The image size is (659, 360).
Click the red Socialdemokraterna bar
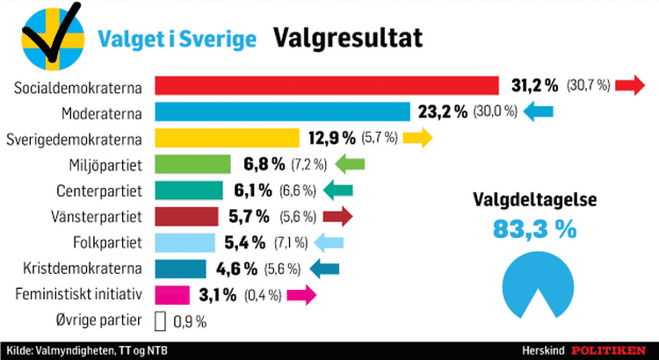[327, 86]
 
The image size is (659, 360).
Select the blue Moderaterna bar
[282, 112]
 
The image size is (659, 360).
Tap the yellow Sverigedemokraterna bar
[227, 138]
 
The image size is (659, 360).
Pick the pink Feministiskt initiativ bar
[172, 294]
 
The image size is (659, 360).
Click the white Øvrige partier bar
[160, 321]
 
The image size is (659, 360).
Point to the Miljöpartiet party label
[105, 165]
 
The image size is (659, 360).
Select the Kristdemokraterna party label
[83, 269]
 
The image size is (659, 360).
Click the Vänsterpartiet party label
[97, 217]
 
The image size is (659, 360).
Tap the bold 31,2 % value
[534, 86]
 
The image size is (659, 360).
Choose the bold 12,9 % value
[332, 138]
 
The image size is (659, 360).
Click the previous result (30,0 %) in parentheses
[495, 112]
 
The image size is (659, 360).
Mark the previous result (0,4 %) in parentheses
[263, 295]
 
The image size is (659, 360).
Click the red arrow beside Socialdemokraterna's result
[630, 85]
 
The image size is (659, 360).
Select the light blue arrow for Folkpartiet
[329, 243]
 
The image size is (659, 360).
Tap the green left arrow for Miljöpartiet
[350, 164]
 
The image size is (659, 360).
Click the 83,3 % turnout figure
[534, 229]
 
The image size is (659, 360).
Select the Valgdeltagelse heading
[534, 199]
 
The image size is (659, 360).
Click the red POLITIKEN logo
[608, 350]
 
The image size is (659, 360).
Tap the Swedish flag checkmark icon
[53, 37]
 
